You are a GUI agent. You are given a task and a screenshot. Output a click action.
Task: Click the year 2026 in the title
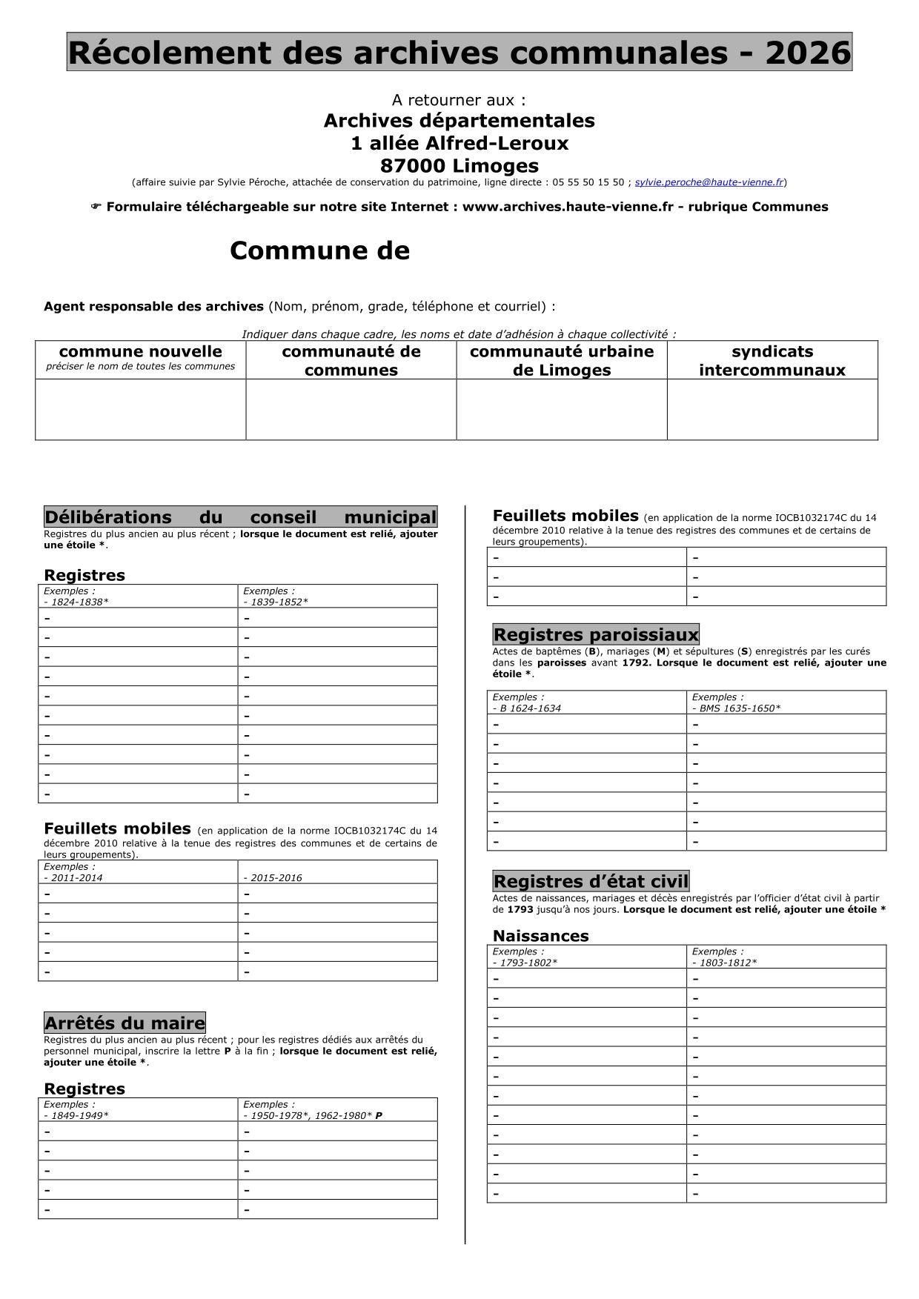(808, 53)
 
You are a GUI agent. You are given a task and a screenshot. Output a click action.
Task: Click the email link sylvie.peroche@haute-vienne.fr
(709, 182)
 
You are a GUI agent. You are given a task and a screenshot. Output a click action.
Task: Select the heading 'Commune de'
(319, 251)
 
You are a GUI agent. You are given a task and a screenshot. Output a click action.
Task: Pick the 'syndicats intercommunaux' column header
(772, 360)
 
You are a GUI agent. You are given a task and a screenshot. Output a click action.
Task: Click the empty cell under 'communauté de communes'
(351, 409)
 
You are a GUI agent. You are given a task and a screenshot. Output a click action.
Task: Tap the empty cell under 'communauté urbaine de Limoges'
(561, 409)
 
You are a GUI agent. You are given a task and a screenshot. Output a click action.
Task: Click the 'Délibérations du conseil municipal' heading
(240, 516)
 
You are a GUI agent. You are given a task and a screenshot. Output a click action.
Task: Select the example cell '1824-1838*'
(138, 597)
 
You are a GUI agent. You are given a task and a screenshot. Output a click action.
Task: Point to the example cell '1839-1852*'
(337, 597)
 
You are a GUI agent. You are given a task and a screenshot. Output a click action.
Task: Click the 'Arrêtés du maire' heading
(125, 1023)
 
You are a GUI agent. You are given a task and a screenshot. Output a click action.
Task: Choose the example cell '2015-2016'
(337, 872)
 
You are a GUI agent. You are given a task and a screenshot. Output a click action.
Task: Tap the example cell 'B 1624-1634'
(587, 702)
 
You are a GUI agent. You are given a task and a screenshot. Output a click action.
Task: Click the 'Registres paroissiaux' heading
(596, 634)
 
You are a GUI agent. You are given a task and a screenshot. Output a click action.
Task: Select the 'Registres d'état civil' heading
(591, 881)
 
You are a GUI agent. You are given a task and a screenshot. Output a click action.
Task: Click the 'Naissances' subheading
(540, 936)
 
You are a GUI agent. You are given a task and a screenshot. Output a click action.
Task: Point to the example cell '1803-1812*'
(786, 957)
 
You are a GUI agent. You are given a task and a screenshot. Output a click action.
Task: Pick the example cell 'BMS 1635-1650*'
(786, 702)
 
